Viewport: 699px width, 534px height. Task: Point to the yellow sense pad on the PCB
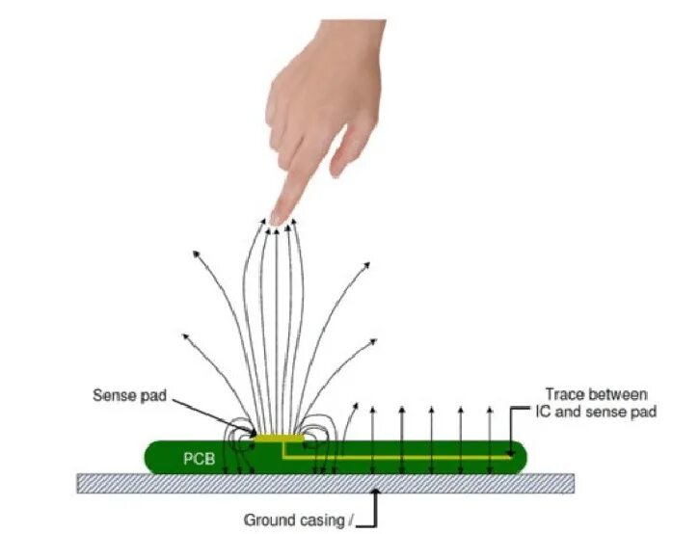[x=280, y=439]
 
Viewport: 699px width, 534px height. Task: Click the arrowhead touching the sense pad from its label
[x=253, y=433]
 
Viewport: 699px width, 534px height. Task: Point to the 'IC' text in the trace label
[x=543, y=412]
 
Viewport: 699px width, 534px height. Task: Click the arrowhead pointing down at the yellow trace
[x=511, y=452]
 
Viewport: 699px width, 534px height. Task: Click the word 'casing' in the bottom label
[x=324, y=521]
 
